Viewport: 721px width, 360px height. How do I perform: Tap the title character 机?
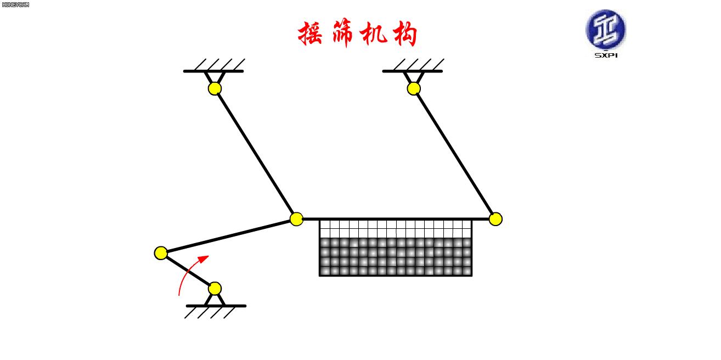[x=374, y=34]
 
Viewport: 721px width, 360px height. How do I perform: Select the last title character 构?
[x=404, y=34]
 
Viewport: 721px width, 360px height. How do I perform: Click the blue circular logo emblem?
[x=605, y=29]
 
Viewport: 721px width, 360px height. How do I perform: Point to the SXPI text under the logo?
[x=606, y=55]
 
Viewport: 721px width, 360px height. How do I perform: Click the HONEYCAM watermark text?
[x=15, y=4]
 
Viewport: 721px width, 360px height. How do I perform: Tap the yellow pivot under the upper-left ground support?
[x=215, y=88]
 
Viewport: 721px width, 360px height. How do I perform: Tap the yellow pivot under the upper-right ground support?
[x=414, y=88]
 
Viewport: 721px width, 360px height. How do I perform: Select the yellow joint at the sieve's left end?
[x=296, y=219]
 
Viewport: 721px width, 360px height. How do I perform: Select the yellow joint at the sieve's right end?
[x=495, y=219]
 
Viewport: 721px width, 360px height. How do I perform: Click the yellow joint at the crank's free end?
[x=161, y=253]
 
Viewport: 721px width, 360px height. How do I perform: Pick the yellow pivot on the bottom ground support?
[x=215, y=288]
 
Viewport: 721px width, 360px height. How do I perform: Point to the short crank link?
[x=188, y=271]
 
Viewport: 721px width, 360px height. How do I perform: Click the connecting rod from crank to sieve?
[x=228, y=236]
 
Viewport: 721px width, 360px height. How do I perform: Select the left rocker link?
[x=255, y=154]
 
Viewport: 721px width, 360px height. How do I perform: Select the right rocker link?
[x=454, y=154]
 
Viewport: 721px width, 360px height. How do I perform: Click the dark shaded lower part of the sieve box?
[x=395, y=256]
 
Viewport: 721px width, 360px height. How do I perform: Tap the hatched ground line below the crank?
[x=216, y=306]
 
